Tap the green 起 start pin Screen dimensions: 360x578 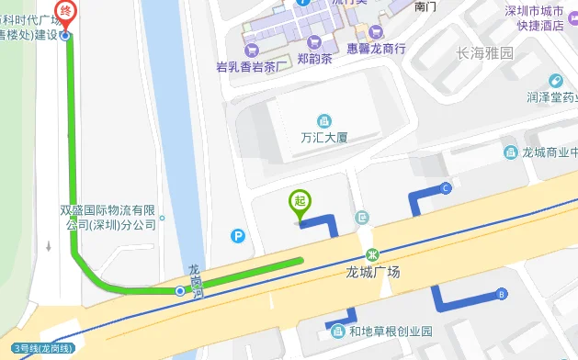(x=299, y=201)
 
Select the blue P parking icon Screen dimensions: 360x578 (x=239, y=236)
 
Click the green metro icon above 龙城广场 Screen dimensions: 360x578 (x=373, y=253)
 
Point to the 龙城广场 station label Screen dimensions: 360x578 (x=373, y=272)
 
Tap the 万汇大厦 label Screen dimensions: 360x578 (x=323, y=138)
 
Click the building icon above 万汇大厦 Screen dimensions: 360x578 (x=323, y=120)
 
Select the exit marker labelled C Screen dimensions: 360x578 (x=446, y=188)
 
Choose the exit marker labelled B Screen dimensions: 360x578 (x=501, y=295)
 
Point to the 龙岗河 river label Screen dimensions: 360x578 (x=194, y=280)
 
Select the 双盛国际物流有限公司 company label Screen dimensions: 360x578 (x=109, y=217)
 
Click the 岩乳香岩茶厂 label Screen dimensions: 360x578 (x=247, y=66)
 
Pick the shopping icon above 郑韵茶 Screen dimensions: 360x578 (x=315, y=41)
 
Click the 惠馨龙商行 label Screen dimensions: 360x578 (x=376, y=48)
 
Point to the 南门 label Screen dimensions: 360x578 (x=425, y=6)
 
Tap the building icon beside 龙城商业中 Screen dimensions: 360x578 (x=509, y=152)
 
